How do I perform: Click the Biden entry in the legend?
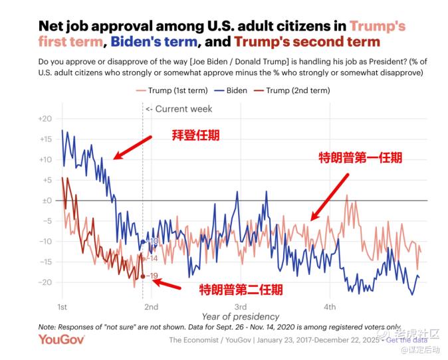coord(236,90)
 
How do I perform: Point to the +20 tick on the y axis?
coord(45,118)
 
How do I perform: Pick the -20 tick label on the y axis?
coord(45,282)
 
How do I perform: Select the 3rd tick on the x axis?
coord(241,306)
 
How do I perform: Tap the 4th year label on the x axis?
coord(330,306)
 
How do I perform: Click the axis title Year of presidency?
coord(241,317)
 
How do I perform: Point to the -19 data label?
coord(152,276)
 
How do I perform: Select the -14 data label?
coord(152,258)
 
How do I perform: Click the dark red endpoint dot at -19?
coord(143,276)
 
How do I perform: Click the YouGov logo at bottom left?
coord(62,340)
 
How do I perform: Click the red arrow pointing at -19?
coord(167,284)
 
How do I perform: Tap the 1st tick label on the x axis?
coord(62,306)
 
